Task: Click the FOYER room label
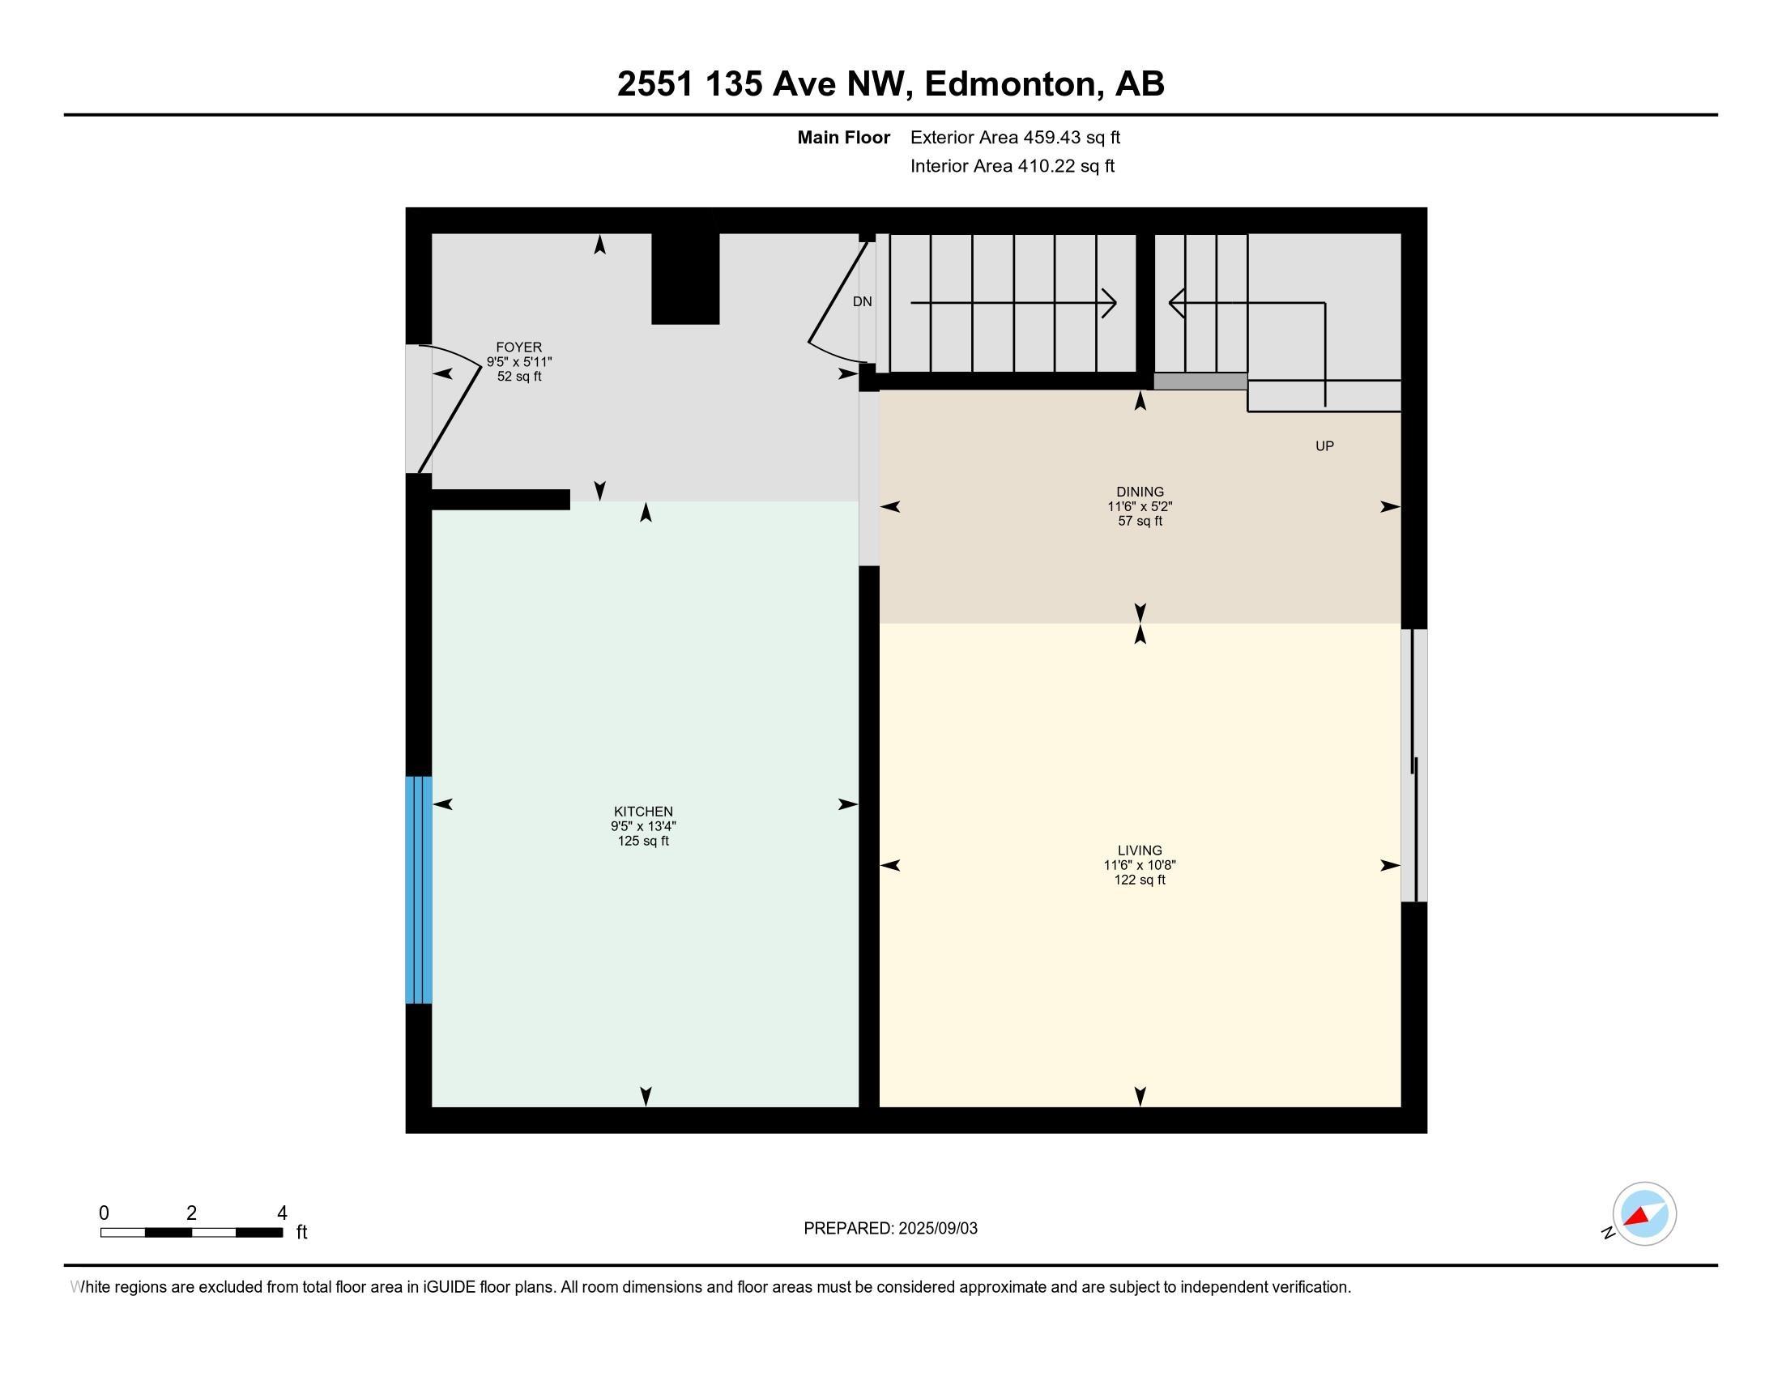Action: coord(519,347)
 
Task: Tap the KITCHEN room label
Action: coord(643,812)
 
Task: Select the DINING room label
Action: coord(1139,492)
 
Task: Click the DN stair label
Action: coord(862,302)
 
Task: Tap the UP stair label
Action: coord(1324,446)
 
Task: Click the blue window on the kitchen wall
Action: coord(419,889)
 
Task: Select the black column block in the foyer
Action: coord(684,278)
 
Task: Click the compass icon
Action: coord(1643,1214)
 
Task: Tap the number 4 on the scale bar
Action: coord(283,1213)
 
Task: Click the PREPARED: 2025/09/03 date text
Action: coord(890,1229)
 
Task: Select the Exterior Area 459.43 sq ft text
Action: coord(1015,138)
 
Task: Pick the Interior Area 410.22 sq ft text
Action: coord(1012,166)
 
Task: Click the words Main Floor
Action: coord(843,138)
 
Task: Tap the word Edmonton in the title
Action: coord(1009,84)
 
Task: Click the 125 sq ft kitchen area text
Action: coord(643,841)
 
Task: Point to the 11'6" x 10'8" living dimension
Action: coord(1139,866)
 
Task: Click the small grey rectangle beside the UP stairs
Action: coord(1200,381)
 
